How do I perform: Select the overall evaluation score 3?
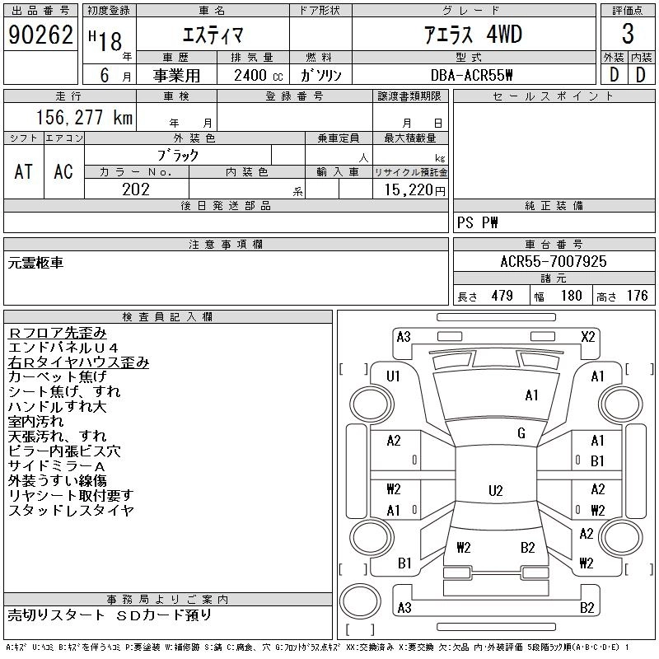coord(628,35)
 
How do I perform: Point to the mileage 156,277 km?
coord(83,118)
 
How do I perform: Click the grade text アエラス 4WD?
coord(473,35)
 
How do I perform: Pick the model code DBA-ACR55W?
coord(472,75)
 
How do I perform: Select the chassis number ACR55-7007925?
coord(554,262)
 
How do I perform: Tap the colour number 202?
coord(136,189)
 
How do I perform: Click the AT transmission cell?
coord(24,171)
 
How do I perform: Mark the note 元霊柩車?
coord(35,263)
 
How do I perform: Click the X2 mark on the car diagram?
coord(587,336)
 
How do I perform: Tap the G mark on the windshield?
coord(521,433)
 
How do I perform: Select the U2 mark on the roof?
coord(495,491)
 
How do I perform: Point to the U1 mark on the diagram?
coord(393,376)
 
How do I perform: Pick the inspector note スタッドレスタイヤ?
coord(71,511)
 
